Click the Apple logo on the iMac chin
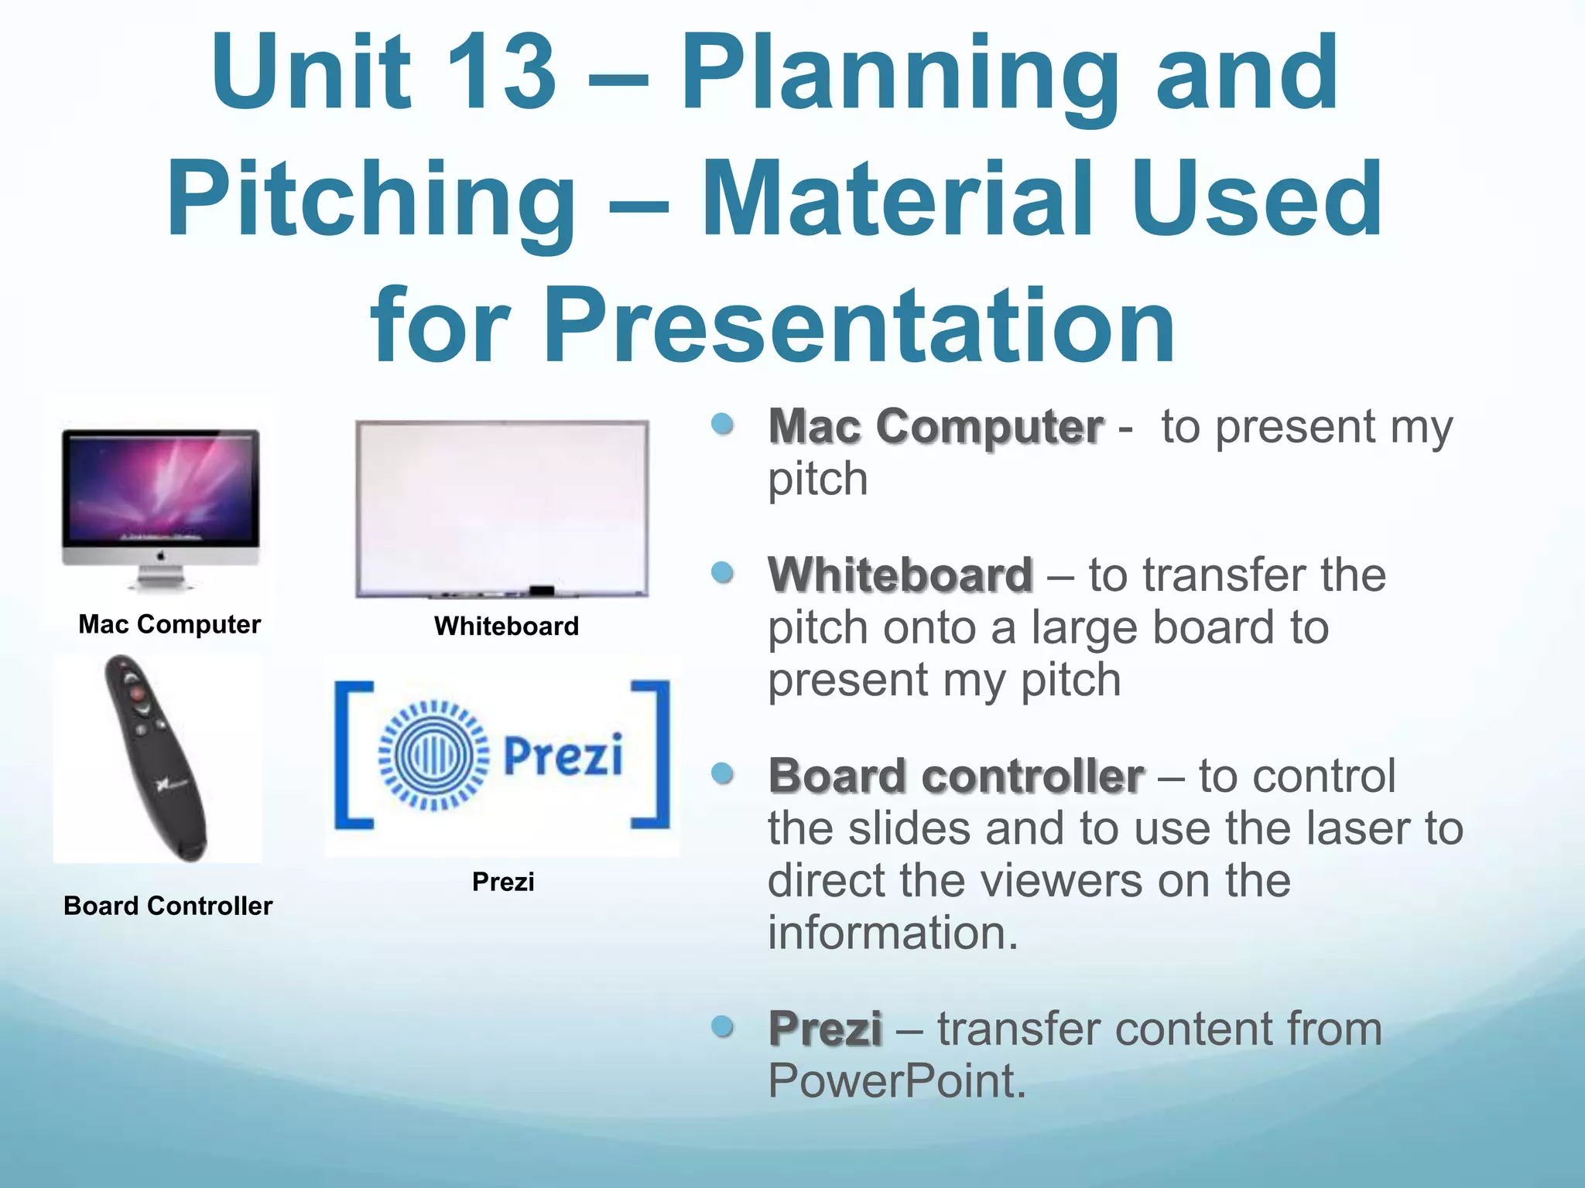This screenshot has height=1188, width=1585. [x=161, y=556]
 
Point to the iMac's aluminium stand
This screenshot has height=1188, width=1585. [x=161, y=578]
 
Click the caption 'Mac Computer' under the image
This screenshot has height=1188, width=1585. [x=169, y=624]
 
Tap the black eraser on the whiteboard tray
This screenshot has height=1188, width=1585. [x=541, y=591]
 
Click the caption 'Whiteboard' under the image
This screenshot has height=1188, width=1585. [x=506, y=626]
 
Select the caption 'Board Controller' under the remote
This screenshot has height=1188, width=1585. [x=168, y=906]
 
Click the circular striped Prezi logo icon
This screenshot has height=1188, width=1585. [x=433, y=755]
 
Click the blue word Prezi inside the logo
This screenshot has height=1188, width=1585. [x=563, y=755]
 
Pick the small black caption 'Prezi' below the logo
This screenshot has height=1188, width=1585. [x=503, y=882]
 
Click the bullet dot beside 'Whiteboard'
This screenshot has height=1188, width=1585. [x=722, y=573]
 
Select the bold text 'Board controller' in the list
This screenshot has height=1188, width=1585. [x=956, y=776]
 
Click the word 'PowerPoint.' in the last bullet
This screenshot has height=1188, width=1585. [x=896, y=1080]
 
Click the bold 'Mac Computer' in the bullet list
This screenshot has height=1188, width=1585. [x=935, y=426]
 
